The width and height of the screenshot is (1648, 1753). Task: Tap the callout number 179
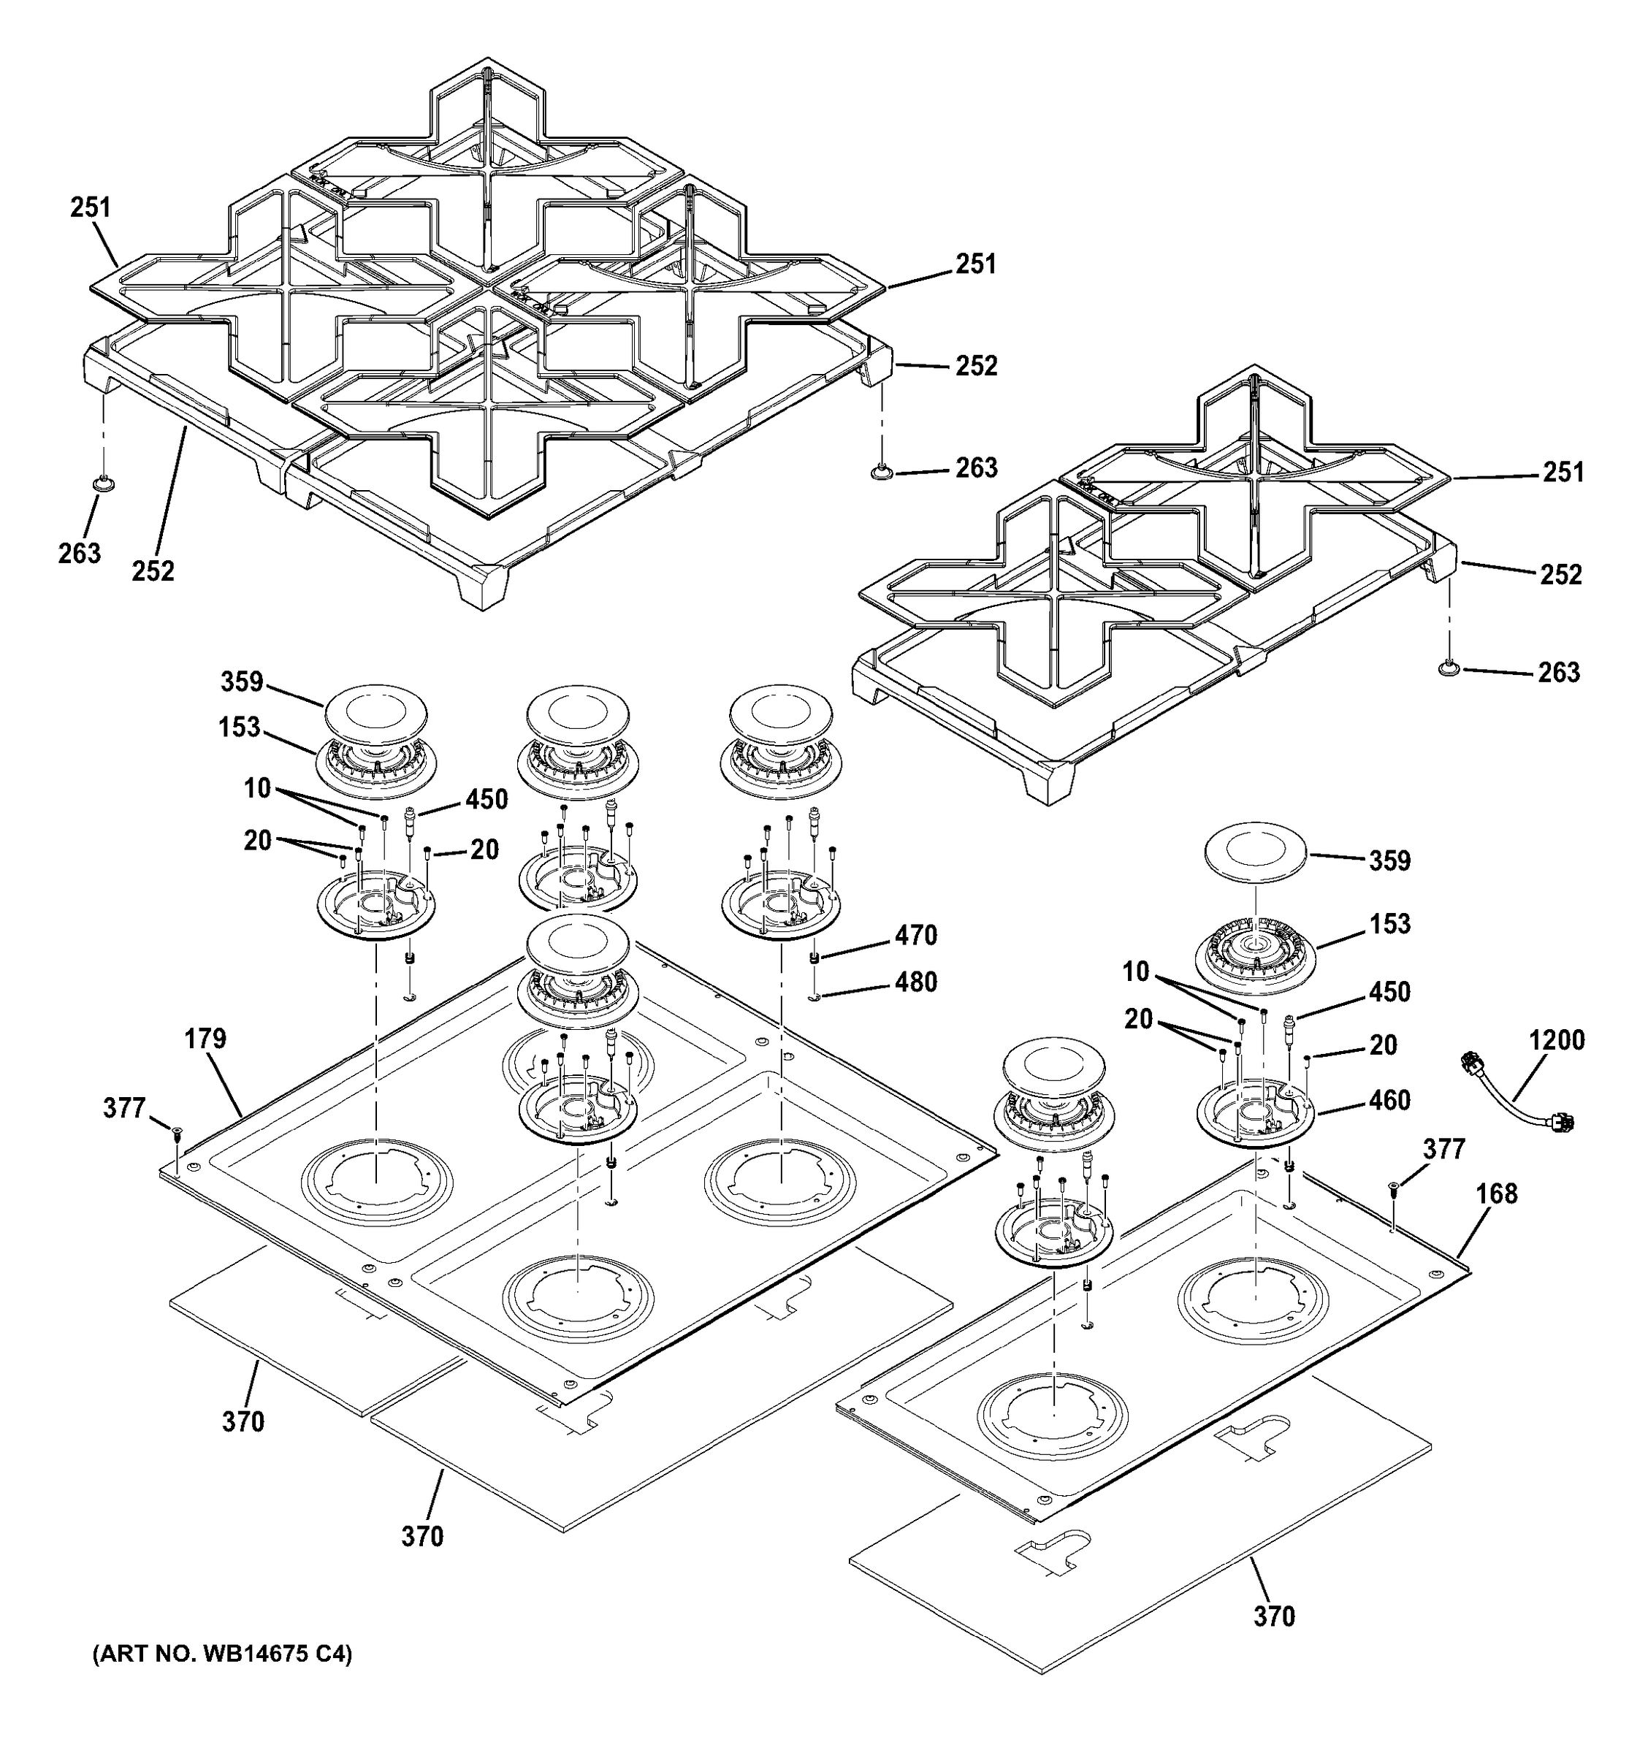pos(205,1039)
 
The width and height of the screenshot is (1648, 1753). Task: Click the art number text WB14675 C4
pos(221,1654)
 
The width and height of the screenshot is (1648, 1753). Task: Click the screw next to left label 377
pos(176,1132)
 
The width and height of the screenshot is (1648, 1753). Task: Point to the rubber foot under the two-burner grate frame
pos(1447,671)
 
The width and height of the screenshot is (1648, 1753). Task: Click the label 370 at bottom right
pos(1274,1616)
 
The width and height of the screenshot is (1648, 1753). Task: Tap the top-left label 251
pos(91,207)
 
